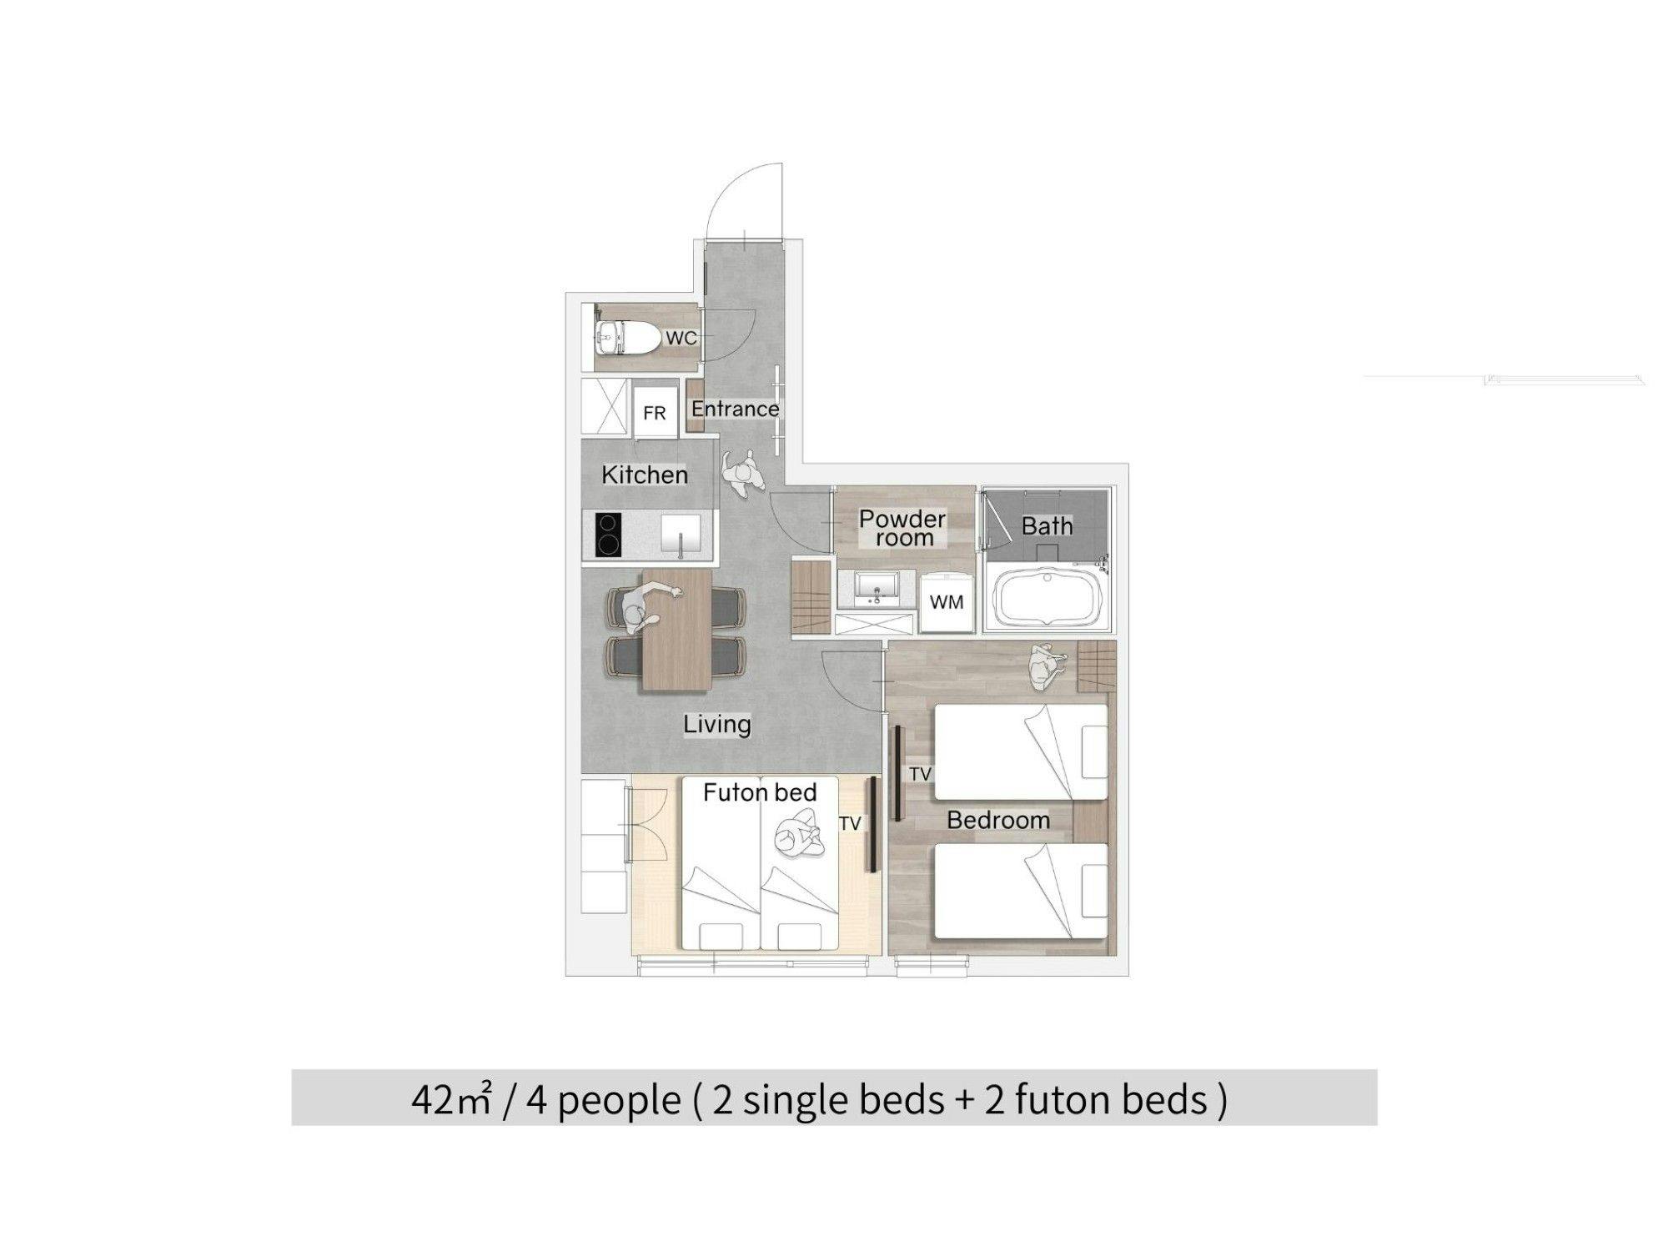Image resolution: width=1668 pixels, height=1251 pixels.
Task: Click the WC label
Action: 681,339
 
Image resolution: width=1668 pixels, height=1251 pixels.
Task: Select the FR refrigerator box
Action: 655,413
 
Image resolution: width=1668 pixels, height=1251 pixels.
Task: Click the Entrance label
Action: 735,409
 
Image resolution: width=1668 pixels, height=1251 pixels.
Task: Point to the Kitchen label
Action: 645,475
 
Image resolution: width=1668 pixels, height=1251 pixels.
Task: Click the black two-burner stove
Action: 608,534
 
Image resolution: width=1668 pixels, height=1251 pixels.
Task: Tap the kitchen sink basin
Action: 681,533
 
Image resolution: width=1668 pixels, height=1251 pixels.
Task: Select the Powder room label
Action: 902,528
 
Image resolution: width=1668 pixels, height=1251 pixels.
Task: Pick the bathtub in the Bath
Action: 1046,597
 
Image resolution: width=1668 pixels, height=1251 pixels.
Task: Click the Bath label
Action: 1047,526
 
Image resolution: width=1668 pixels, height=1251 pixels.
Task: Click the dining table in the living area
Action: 676,630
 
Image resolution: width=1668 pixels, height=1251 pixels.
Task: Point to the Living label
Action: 717,724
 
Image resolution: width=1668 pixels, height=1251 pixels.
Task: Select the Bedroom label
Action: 998,820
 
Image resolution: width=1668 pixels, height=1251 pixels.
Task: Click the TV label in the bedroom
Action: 920,774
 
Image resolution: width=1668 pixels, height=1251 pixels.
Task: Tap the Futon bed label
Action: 760,792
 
